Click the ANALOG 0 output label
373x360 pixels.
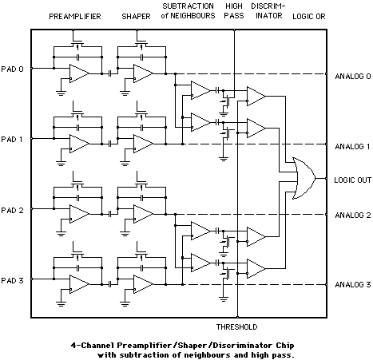point(351,77)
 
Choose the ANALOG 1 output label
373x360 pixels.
point(351,147)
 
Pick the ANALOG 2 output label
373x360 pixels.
point(351,216)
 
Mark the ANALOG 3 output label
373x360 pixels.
point(351,285)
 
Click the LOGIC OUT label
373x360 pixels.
point(351,180)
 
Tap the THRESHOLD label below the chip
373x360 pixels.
point(236,327)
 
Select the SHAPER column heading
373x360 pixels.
point(136,16)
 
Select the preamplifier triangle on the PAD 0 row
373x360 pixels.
point(79,73)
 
